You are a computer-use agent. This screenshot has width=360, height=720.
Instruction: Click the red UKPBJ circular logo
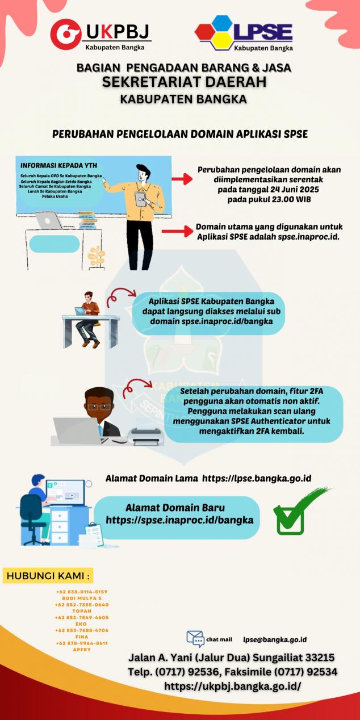click(x=65, y=34)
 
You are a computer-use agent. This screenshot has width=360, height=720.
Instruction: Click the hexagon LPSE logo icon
click(x=215, y=33)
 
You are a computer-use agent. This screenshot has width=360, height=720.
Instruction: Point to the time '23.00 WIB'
click(x=286, y=200)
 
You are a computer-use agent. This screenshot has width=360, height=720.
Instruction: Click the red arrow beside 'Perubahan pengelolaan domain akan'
click(x=182, y=179)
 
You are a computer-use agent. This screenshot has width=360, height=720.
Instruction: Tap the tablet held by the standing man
click(x=140, y=198)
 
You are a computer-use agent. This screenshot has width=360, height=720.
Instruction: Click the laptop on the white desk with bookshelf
click(x=48, y=220)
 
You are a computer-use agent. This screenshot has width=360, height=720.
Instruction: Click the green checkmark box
click(x=290, y=518)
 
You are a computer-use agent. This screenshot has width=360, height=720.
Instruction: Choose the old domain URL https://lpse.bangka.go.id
click(x=257, y=479)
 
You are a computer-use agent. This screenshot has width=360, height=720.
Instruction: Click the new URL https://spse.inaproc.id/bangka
click(x=179, y=520)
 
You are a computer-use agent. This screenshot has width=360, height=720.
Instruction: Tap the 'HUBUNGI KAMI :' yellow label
click(x=48, y=576)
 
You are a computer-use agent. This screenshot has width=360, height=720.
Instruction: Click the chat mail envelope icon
click(x=195, y=638)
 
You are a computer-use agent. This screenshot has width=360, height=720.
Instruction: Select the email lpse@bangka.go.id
click(x=275, y=639)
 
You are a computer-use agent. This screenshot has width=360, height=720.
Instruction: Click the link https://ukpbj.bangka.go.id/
click(x=232, y=686)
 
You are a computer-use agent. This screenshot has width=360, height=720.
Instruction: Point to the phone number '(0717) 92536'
click(x=182, y=672)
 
